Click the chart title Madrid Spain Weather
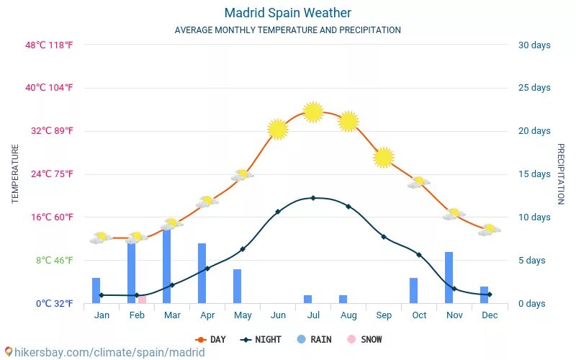(x=287, y=13)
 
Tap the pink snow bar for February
(x=142, y=299)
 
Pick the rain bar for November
(x=449, y=278)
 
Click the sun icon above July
(x=312, y=112)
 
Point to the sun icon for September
(x=384, y=158)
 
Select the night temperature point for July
(x=312, y=198)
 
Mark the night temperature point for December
(x=489, y=294)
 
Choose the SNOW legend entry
(x=365, y=339)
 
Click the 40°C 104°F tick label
(x=50, y=88)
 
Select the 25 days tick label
(x=534, y=88)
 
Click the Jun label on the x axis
(x=277, y=315)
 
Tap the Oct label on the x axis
(x=419, y=315)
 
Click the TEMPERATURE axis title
(x=15, y=174)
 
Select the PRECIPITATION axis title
(x=560, y=174)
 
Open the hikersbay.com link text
(x=108, y=353)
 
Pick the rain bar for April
(x=202, y=274)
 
